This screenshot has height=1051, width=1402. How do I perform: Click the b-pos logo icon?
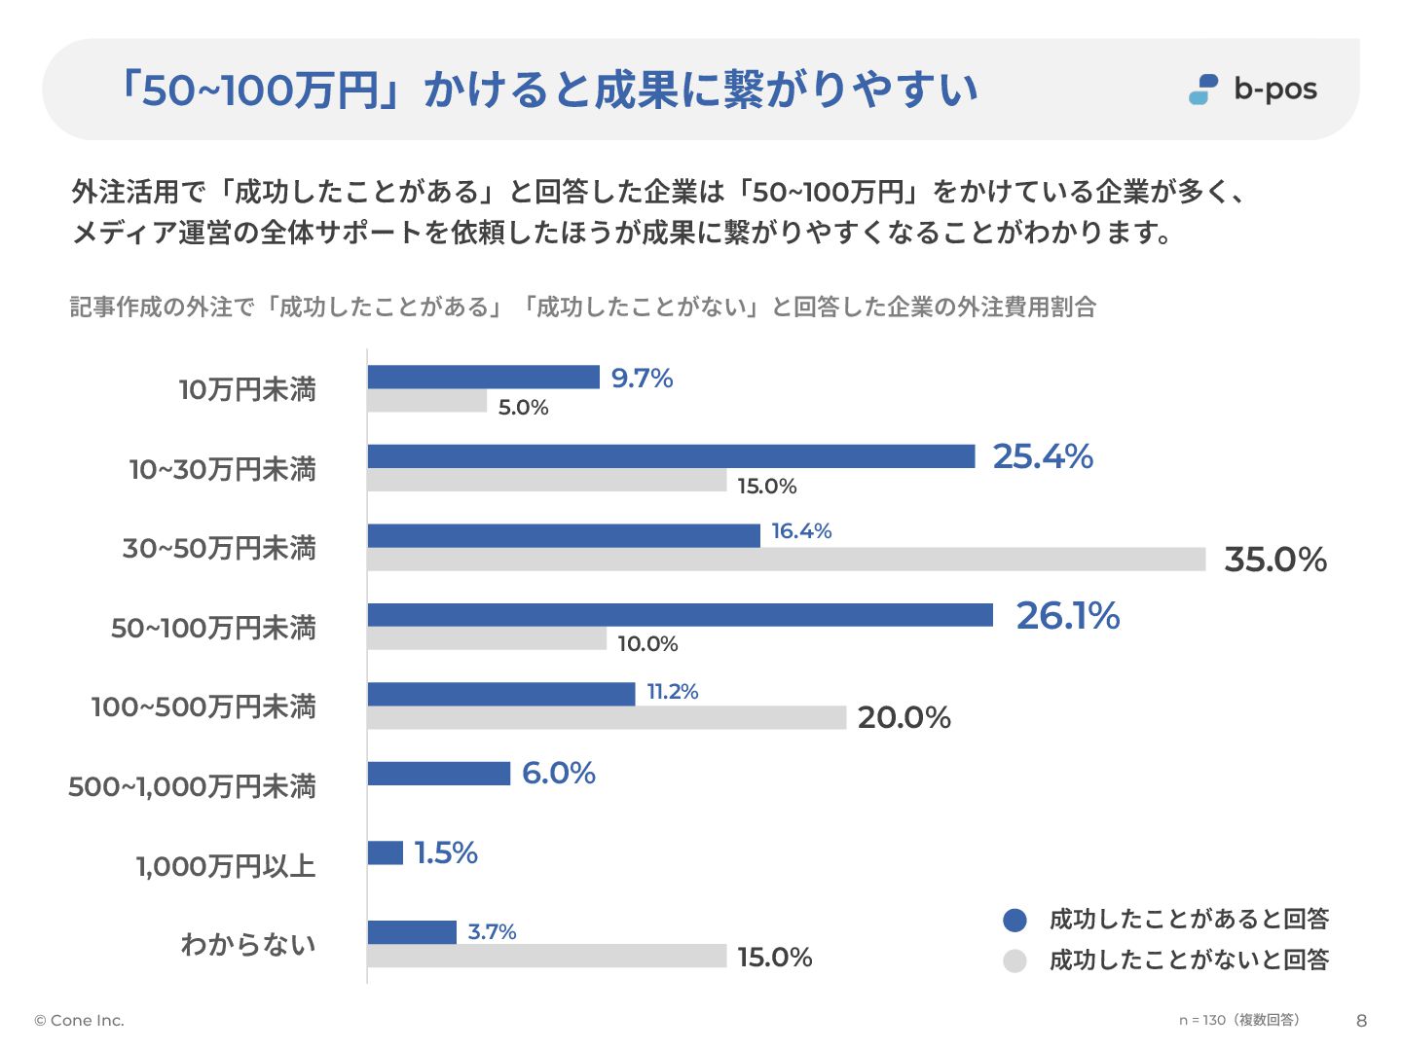point(1203,90)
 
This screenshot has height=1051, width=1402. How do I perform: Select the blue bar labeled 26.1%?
point(680,615)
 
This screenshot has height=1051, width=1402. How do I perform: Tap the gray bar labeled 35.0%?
point(786,560)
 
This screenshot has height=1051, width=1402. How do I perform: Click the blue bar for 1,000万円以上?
point(385,852)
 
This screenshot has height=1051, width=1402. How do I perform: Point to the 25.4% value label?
point(1043,456)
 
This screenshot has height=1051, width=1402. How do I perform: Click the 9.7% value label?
point(642,378)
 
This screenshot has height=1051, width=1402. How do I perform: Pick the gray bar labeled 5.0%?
point(426,401)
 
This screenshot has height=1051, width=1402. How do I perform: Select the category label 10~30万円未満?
point(223,469)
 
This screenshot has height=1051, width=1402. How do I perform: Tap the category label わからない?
point(248,944)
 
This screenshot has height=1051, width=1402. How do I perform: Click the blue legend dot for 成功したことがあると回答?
point(1015,920)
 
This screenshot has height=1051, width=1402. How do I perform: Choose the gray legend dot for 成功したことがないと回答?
point(1015,960)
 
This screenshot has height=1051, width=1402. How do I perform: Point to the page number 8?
point(1361,1021)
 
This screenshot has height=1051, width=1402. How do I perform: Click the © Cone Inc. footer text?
point(80,1021)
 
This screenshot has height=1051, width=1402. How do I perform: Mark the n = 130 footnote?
point(1238,1020)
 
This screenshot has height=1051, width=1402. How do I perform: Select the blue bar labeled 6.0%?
point(438,774)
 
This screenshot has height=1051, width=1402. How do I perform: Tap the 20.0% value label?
point(904,718)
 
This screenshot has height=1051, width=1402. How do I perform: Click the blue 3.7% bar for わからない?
point(412,932)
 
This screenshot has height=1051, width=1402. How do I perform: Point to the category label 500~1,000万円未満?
point(193,786)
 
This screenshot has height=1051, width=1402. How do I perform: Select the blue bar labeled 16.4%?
point(564,535)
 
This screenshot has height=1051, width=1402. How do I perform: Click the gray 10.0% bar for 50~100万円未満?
point(487,638)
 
